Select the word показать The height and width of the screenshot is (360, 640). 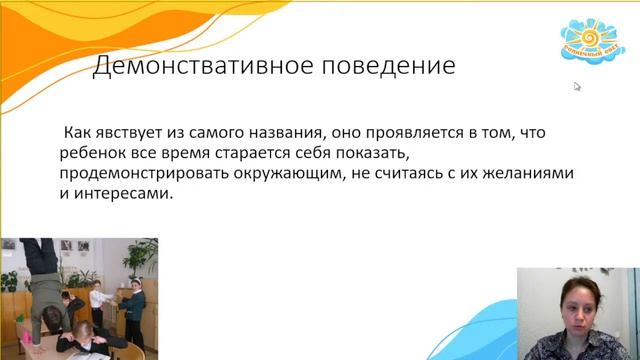click(370, 153)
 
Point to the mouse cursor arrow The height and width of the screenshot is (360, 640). click(577, 86)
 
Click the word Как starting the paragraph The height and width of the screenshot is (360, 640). click(79, 132)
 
